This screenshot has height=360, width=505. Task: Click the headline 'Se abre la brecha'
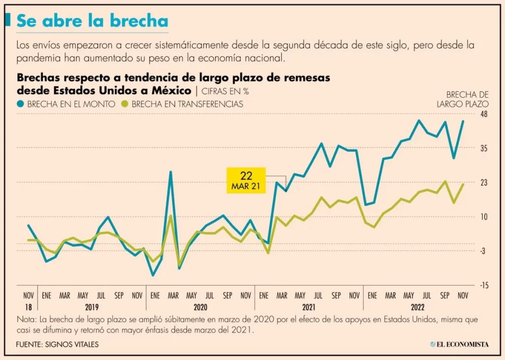pyautogui.click(x=92, y=21)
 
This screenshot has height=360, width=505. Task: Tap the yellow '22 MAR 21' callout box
pyautogui.click(x=246, y=180)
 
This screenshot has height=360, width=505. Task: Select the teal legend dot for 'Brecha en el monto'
pyautogui.click(x=20, y=104)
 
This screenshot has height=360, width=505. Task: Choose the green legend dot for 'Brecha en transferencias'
pyautogui.click(x=125, y=104)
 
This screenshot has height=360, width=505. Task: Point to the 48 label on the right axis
pyautogui.click(x=483, y=114)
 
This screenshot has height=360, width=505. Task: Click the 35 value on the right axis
pyautogui.click(x=483, y=148)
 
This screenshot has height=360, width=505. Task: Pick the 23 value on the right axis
pyautogui.click(x=483, y=182)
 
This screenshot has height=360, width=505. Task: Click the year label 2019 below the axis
pyautogui.click(x=91, y=307)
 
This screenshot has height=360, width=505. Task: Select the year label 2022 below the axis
pyautogui.click(x=418, y=307)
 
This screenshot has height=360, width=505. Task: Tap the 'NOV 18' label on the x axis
pyautogui.click(x=29, y=300)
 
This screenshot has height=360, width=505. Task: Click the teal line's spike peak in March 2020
pyautogui.click(x=171, y=172)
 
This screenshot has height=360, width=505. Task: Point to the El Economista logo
pyautogui.click(x=459, y=344)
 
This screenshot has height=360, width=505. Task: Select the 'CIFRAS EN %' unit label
pyautogui.click(x=224, y=91)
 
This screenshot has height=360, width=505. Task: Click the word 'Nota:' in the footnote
pyautogui.click(x=26, y=319)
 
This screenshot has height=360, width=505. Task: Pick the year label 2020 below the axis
pyautogui.click(x=200, y=307)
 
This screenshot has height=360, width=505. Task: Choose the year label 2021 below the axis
pyautogui.click(x=309, y=307)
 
